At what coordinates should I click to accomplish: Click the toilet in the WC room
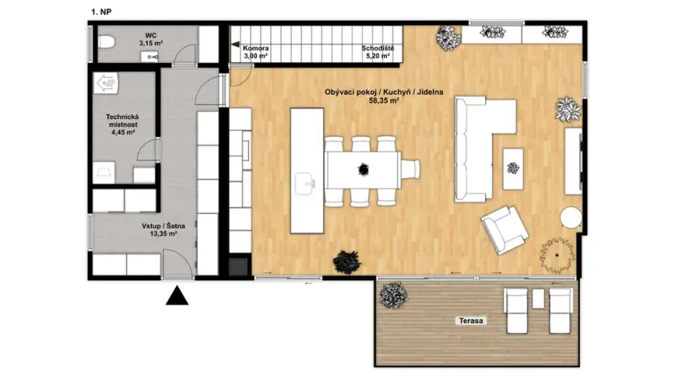point(107,42)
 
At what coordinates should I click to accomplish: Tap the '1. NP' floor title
point(101,12)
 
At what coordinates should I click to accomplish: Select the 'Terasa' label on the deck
point(471,321)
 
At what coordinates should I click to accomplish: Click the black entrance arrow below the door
point(177,296)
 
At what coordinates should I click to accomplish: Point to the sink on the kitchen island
point(306,184)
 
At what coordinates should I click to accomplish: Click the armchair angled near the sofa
point(505,230)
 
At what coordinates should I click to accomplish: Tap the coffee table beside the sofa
point(513,169)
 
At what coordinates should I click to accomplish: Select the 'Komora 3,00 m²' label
point(256,52)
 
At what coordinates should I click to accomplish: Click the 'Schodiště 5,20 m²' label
point(377,52)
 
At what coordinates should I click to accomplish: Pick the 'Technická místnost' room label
point(123,121)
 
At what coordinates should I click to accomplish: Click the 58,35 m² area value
point(384,100)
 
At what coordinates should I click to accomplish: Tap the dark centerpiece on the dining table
point(363,169)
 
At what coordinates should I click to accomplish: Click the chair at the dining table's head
point(411,168)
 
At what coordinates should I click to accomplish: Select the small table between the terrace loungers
point(538,299)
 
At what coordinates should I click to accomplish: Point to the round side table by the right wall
point(571,218)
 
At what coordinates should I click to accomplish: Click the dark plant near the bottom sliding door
point(346,262)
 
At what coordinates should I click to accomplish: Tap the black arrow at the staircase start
point(235,45)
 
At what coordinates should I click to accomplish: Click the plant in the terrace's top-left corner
point(393,296)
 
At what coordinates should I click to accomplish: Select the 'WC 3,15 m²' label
point(151,40)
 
